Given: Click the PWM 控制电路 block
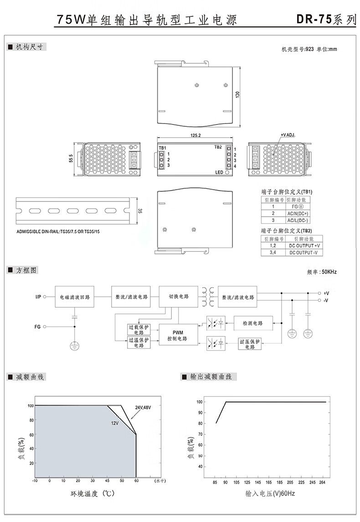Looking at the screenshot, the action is click(x=178, y=335).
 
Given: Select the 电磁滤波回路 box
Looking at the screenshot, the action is click(x=74, y=297).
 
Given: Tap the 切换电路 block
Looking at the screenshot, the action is click(x=178, y=296).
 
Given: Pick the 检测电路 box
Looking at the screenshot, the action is click(x=253, y=323).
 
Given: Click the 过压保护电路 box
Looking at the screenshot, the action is click(x=250, y=344).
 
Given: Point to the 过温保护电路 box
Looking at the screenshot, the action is click(x=139, y=342).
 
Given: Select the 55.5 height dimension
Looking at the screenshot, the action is click(x=71, y=159).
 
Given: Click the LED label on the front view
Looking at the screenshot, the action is click(x=219, y=172).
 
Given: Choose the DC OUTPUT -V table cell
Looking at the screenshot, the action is click(x=303, y=253).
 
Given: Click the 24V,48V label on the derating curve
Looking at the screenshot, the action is click(x=143, y=407).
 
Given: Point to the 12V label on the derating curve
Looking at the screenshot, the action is click(x=115, y=424).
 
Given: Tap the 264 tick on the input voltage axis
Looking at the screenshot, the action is click(x=323, y=482).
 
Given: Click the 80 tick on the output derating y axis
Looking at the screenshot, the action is click(x=199, y=424).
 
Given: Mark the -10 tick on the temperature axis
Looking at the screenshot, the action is click(x=35, y=481).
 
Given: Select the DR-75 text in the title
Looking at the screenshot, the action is click(x=314, y=20).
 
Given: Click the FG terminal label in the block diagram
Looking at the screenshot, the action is click(x=38, y=326).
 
